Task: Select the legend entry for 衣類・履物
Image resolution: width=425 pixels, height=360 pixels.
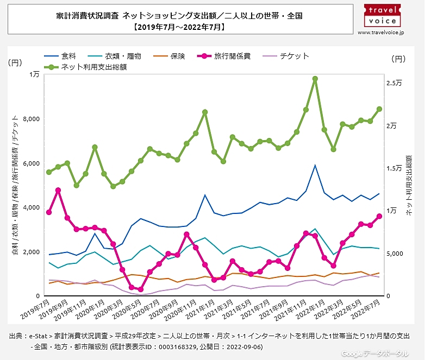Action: [x=120, y=56]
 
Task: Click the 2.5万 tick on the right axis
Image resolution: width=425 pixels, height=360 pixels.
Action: [x=394, y=83]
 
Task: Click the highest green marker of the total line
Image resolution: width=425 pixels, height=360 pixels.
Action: [x=315, y=79]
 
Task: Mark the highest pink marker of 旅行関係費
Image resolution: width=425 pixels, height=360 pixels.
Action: [x=58, y=190]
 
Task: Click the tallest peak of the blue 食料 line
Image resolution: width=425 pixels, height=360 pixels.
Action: [x=315, y=166]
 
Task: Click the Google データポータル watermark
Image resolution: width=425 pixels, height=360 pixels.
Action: [x=374, y=353]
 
